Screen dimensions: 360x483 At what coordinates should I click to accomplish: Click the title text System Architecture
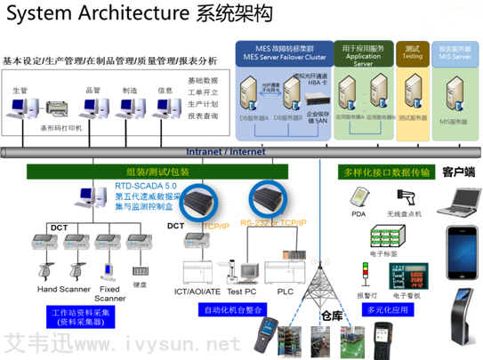coord(93,15)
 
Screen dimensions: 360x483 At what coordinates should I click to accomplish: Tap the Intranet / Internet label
coord(226,151)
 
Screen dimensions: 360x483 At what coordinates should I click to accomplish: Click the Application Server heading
coord(364,58)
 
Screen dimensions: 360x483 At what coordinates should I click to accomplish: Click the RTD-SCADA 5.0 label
coord(145,186)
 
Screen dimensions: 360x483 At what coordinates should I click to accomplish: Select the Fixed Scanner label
coord(109,292)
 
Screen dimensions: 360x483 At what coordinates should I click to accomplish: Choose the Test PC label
coord(242,290)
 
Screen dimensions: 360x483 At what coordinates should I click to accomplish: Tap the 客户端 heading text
coord(459,172)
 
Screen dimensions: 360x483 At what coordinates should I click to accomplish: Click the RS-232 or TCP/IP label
coord(272,223)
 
